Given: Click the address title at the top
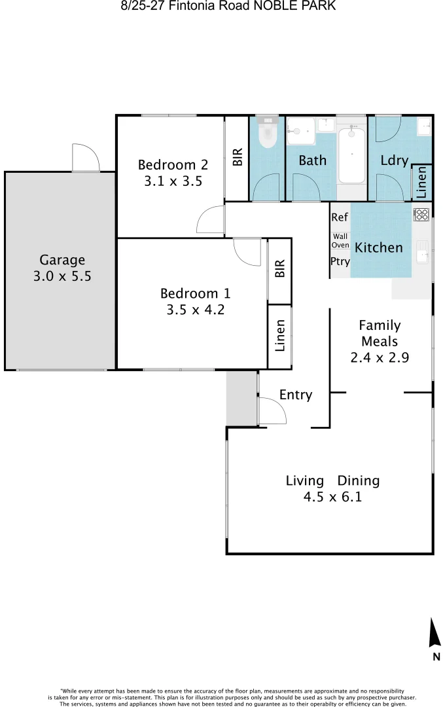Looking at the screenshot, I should coord(228,7).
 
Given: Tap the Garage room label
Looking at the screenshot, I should coord(62,260).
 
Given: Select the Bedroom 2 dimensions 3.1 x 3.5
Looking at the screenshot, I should coord(173,181).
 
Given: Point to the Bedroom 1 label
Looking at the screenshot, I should coord(195,293).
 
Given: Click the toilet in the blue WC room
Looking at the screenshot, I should coord(267,135).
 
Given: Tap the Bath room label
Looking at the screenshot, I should coord(312,160).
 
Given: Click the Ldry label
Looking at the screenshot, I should coord(394,160).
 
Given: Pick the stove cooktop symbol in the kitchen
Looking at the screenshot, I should coord(421,213).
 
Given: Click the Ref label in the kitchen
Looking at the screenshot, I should coord(340,217).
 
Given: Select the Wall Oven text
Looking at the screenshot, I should coord(340,240).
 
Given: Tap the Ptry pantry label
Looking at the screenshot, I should coord(340,261).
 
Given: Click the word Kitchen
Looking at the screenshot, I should coord(378,247).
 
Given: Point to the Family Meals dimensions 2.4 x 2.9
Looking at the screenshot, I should coord(380,357).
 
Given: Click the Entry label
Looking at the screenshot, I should coord(295,395).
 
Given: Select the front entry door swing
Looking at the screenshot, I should coord(271,411).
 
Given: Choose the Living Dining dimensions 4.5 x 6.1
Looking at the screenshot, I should coord(332,497).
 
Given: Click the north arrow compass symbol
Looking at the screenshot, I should coord(434,633).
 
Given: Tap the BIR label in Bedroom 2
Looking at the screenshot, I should coord(237,157).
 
